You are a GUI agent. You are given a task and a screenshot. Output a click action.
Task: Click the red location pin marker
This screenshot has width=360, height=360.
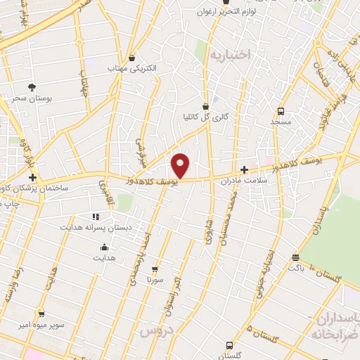tap(181, 165)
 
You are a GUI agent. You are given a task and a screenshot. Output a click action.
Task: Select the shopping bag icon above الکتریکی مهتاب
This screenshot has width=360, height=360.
tap(133, 58)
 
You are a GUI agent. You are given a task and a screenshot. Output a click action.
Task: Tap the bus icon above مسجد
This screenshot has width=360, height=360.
tap(281, 111)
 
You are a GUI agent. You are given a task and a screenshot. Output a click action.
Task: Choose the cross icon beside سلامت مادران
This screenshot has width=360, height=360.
tap(244, 169)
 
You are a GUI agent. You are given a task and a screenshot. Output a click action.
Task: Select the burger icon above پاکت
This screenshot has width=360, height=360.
tap(295, 257)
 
